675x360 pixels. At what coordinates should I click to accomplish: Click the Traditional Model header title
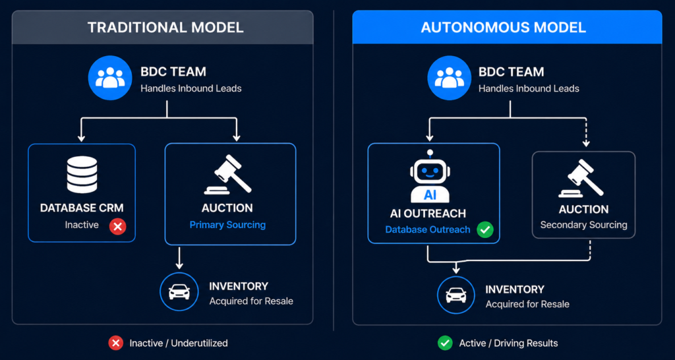click(x=165, y=28)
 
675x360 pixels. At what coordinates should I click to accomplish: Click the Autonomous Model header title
click(x=503, y=28)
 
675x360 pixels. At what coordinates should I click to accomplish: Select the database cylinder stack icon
click(x=81, y=175)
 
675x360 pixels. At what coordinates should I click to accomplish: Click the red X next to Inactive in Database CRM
click(x=117, y=226)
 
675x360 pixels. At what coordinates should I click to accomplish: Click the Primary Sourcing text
click(x=227, y=225)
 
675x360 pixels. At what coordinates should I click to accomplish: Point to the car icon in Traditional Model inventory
click(x=179, y=291)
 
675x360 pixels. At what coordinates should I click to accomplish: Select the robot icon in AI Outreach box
click(x=430, y=177)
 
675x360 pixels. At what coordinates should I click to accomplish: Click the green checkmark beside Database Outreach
click(x=485, y=229)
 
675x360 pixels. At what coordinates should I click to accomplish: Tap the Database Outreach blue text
click(x=428, y=229)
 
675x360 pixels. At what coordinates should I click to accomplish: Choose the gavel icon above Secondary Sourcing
click(x=583, y=178)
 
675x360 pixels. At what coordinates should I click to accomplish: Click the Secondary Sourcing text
click(x=583, y=225)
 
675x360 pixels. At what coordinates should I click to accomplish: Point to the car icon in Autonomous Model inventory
click(x=456, y=295)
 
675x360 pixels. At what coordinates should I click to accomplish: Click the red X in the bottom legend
click(x=116, y=343)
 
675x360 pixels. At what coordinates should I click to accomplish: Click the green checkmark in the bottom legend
click(x=444, y=343)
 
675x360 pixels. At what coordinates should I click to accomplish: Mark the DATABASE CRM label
click(x=81, y=208)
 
